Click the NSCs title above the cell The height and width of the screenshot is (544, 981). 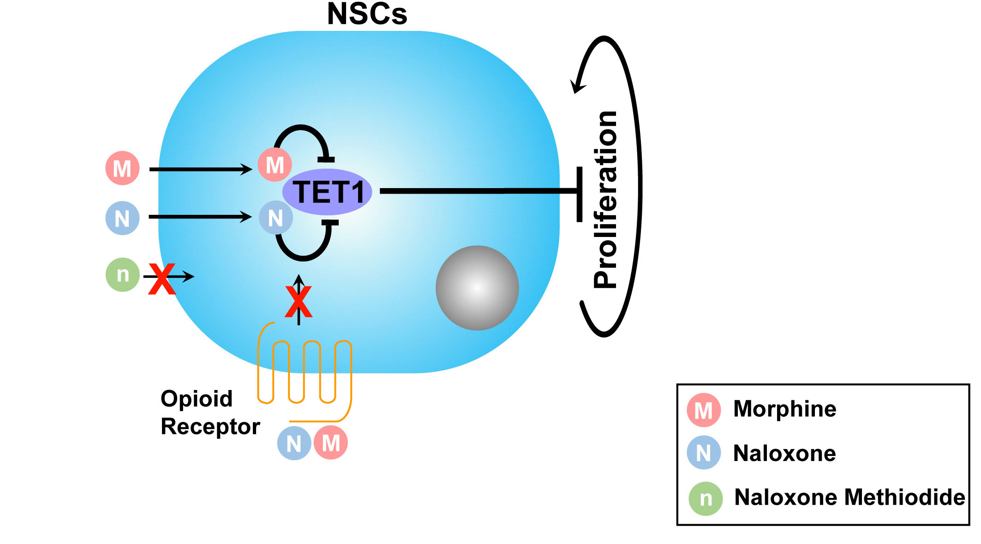pyautogui.click(x=367, y=14)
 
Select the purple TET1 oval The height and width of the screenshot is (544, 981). pyautogui.click(x=327, y=192)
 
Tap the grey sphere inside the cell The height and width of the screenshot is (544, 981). pyautogui.click(x=477, y=288)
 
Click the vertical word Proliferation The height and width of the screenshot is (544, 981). pyautogui.click(x=605, y=199)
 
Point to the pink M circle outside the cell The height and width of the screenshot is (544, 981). pyautogui.click(x=122, y=168)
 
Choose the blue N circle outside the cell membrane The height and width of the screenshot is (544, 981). pyautogui.click(x=122, y=218)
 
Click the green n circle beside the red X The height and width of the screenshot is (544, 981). pyautogui.click(x=122, y=275)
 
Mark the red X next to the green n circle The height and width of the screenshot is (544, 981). pyautogui.click(x=162, y=279)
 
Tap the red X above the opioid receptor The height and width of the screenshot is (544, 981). pyautogui.click(x=299, y=302)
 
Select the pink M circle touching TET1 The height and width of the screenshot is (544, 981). pyautogui.click(x=275, y=165)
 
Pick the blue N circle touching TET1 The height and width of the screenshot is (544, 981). pyautogui.click(x=275, y=218)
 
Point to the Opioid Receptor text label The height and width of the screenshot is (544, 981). pyautogui.click(x=210, y=413)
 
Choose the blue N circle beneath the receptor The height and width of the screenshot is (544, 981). pyautogui.click(x=294, y=443)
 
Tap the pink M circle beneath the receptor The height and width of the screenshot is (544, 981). pyautogui.click(x=331, y=443)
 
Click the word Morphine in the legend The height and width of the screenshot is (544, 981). pyautogui.click(x=784, y=409)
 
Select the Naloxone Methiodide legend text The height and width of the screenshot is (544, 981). pyautogui.click(x=849, y=497)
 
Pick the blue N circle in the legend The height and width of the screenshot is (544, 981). pyautogui.click(x=703, y=453)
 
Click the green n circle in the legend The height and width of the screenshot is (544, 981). pyautogui.click(x=706, y=498)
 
